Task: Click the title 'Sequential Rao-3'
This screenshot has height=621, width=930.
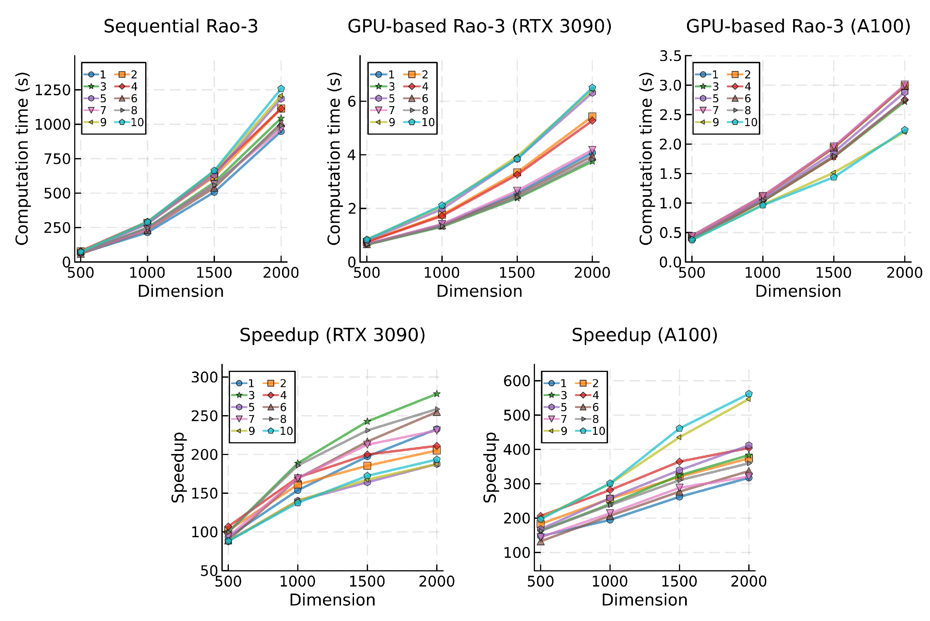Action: tap(181, 27)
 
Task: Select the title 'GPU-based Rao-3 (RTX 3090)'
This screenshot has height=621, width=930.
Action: tap(480, 27)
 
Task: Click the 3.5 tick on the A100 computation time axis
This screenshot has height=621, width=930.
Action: tap(670, 56)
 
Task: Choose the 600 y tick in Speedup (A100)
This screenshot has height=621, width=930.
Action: tap(517, 381)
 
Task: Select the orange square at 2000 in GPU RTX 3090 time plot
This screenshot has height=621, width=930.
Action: tap(592, 116)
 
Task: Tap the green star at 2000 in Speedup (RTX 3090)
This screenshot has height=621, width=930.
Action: tap(437, 394)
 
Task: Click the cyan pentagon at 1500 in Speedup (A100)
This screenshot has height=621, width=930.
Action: tap(679, 428)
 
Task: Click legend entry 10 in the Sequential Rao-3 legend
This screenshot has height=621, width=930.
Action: tap(131, 122)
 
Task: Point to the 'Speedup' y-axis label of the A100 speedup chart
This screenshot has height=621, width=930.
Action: tap(490, 467)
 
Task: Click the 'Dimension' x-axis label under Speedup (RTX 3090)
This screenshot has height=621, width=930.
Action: tap(332, 600)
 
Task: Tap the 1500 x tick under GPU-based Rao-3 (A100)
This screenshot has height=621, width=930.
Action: tap(833, 273)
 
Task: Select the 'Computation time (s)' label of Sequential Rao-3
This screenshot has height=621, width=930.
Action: tap(22, 159)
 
